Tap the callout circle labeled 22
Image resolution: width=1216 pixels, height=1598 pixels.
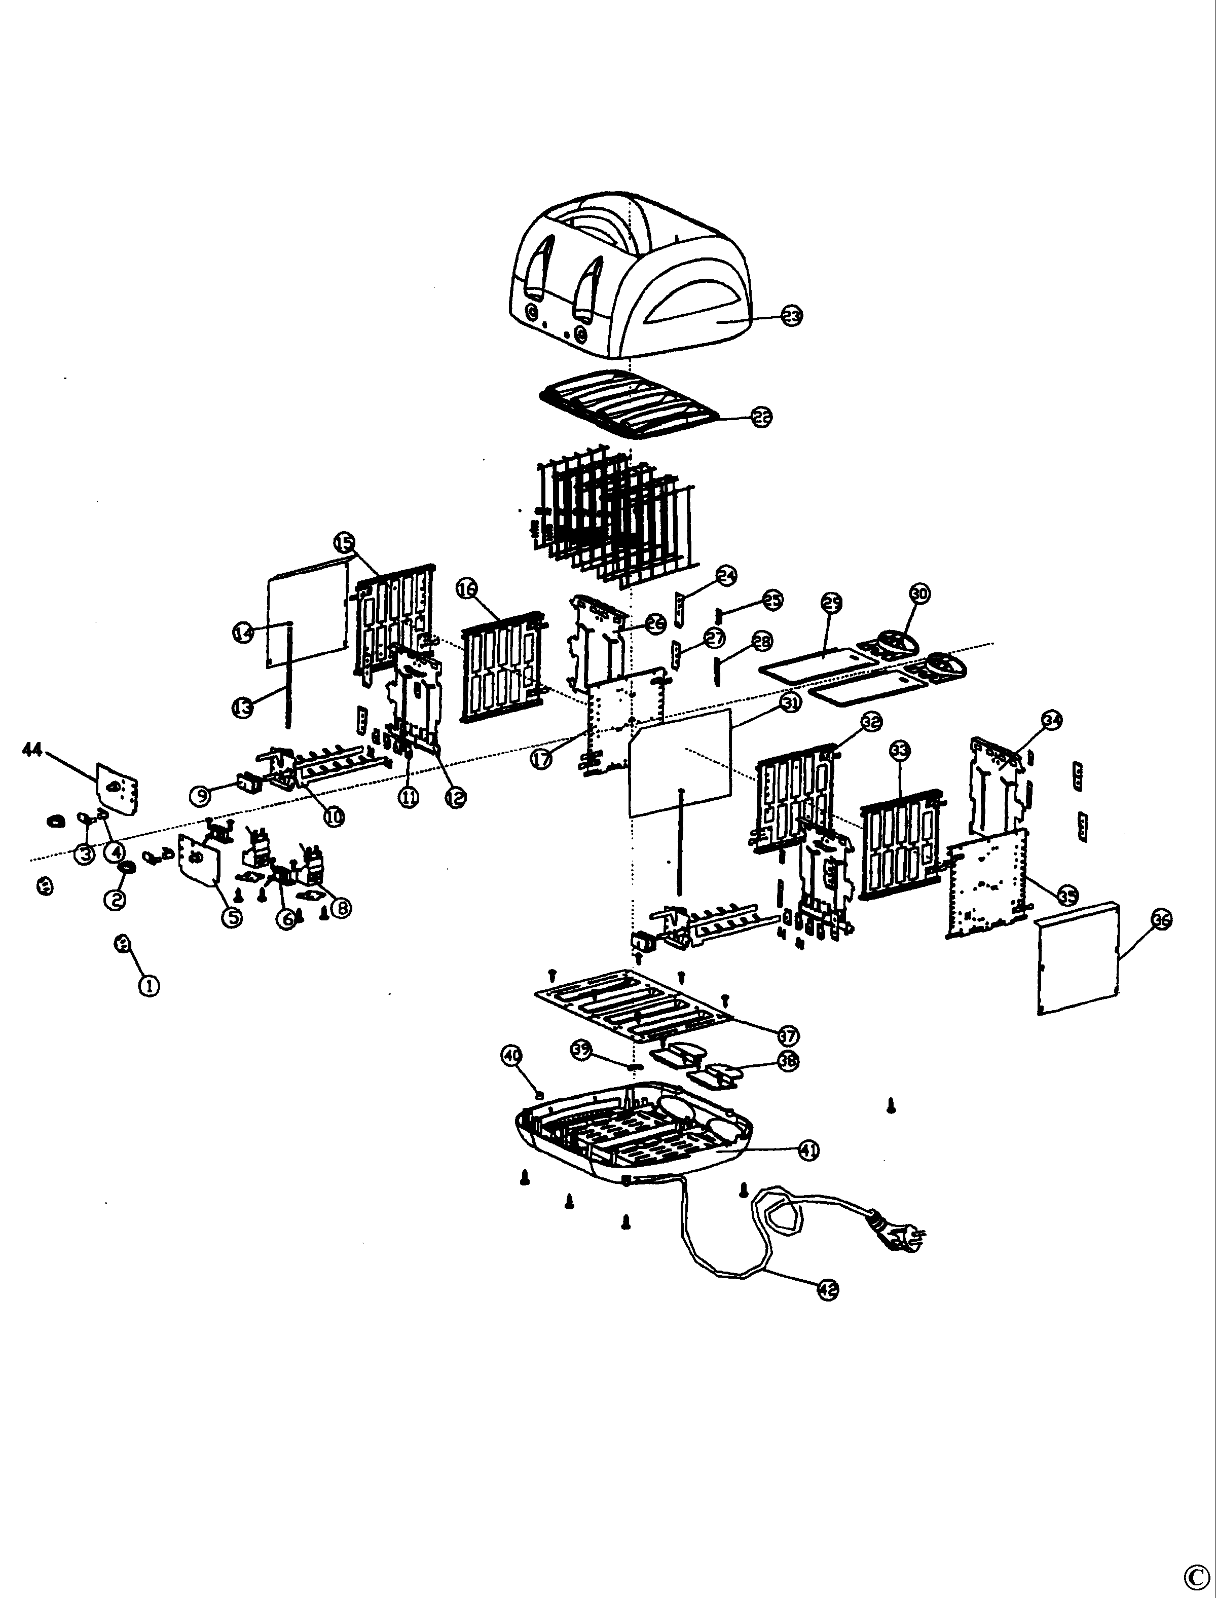pyautogui.click(x=761, y=417)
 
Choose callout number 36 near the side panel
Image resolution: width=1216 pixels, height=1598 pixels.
pyautogui.click(x=1161, y=920)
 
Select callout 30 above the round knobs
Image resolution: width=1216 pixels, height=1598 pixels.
pyautogui.click(x=919, y=594)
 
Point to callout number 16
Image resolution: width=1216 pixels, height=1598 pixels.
pyautogui.click(x=467, y=590)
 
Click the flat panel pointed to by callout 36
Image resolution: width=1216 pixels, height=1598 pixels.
pyautogui.click(x=1079, y=959)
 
